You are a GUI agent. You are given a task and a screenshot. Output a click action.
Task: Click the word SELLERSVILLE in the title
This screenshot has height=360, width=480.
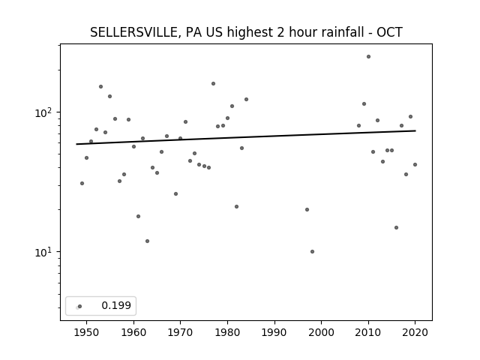coord(133,32)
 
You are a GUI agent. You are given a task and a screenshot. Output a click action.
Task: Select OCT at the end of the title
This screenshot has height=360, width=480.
coord(389,32)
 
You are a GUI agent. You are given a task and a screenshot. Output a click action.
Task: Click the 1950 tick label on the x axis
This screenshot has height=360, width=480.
coord(87,332)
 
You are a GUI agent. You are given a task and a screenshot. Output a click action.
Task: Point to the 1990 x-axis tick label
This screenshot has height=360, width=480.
coord(274,332)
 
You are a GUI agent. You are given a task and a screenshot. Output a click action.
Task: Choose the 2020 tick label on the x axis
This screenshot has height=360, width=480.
coord(415,332)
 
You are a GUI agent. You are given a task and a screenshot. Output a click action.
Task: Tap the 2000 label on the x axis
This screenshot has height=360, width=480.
coord(322,332)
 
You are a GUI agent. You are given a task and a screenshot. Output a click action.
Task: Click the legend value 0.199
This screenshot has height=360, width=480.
coord(116,305)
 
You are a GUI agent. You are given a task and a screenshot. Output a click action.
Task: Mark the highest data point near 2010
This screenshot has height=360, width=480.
coord(368,57)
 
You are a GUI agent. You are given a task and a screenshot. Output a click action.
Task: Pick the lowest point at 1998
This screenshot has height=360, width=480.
coord(312,252)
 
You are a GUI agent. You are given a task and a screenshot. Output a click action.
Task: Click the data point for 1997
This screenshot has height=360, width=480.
coord(307,210)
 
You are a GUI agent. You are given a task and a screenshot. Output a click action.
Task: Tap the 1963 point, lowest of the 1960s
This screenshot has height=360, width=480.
coord(147,241)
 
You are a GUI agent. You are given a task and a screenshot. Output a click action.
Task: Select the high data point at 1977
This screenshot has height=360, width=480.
coord(213,83)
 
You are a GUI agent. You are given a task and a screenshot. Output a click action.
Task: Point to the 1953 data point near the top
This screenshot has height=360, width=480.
coord(100,87)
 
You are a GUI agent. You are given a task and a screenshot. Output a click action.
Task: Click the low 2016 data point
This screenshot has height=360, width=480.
coord(397,228)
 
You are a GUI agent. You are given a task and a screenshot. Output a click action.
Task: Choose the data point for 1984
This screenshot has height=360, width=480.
coord(246,100)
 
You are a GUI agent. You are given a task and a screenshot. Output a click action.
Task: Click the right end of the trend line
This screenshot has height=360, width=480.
coord(415,130)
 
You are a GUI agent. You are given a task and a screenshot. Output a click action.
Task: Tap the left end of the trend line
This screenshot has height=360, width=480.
coord(76,144)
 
